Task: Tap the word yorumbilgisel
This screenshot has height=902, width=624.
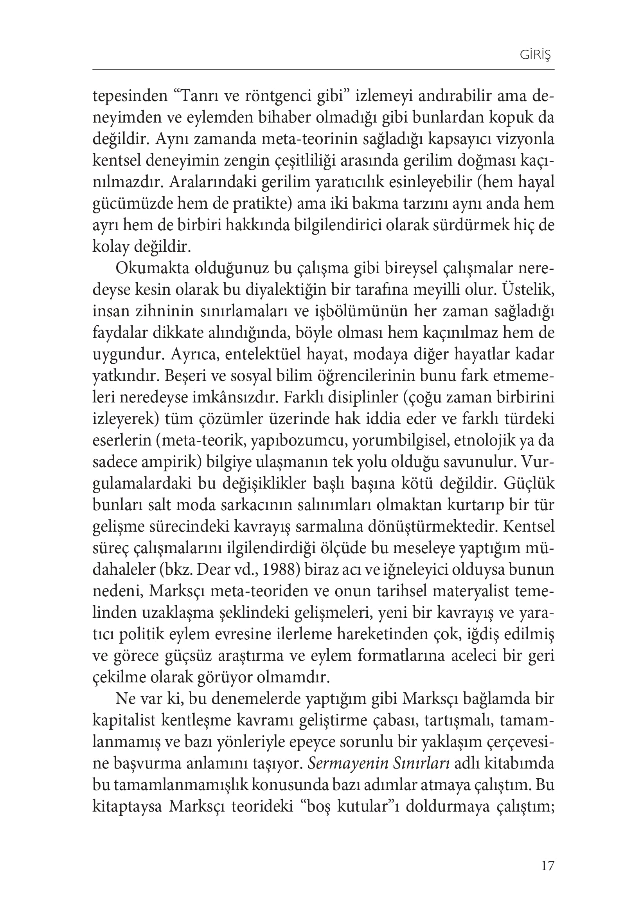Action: click(x=397, y=441)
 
